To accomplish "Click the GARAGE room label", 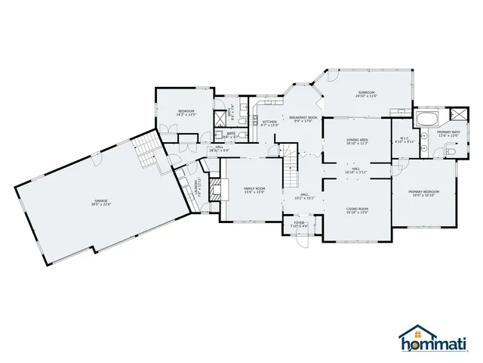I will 100,201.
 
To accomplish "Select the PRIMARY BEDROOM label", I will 423,192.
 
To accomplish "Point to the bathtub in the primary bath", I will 427,119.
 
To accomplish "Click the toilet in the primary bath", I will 451,151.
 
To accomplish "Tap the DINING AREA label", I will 357,140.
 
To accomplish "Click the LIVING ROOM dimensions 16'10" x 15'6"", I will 357,213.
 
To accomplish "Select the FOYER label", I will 299,223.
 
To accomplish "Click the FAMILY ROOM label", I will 254,188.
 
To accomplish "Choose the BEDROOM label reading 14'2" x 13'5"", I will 186,113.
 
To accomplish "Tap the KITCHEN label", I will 269,122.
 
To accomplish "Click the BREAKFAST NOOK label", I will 302,117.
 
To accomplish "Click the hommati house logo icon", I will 411,336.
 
